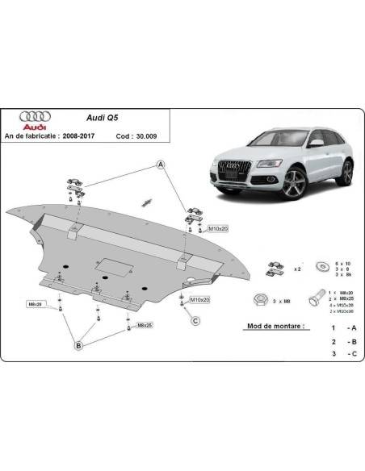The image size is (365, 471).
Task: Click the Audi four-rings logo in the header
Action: (35, 115)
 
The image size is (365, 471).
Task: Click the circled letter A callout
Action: (160, 165)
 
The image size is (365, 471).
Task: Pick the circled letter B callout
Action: (79, 346)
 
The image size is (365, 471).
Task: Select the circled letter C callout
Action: (195, 321)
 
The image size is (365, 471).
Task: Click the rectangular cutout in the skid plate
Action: (108, 264)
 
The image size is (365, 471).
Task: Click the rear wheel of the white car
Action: (346, 172)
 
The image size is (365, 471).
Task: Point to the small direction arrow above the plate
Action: (147, 200)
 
